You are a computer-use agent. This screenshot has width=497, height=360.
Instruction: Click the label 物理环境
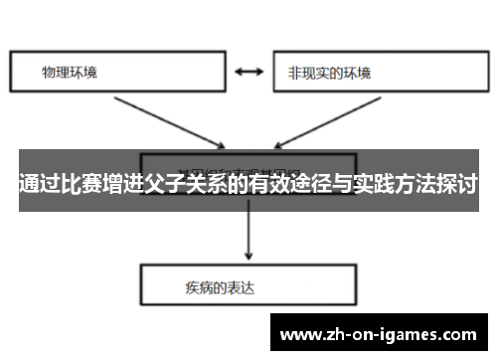pyautogui.click(x=70, y=73)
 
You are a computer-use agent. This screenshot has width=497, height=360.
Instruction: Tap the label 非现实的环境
pyautogui.click(x=329, y=73)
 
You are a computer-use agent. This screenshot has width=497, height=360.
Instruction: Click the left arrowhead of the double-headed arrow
pyautogui.click(x=236, y=72)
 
